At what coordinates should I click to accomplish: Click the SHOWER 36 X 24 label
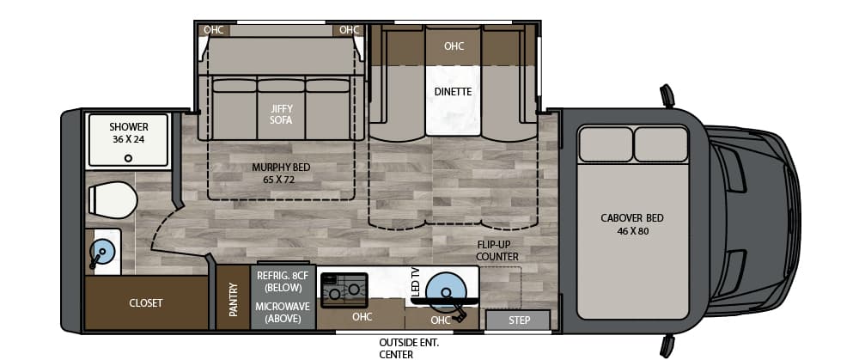tap(129, 132)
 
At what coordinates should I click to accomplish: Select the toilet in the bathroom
tap(112, 200)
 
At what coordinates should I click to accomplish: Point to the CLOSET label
tap(146, 303)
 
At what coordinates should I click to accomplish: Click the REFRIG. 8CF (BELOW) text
tap(283, 282)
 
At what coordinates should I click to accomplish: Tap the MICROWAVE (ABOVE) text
tap(283, 312)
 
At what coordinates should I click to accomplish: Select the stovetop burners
tap(344, 290)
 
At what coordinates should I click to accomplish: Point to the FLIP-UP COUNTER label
tap(498, 250)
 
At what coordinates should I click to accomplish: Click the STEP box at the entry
tap(518, 320)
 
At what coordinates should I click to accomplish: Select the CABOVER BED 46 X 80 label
tap(632, 224)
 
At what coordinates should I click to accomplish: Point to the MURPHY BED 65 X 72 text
tap(281, 174)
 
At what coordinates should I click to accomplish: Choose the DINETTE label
tap(453, 91)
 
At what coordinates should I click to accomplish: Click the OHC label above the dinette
tap(454, 46)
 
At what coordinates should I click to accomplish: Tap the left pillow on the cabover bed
tap(605, 144)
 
